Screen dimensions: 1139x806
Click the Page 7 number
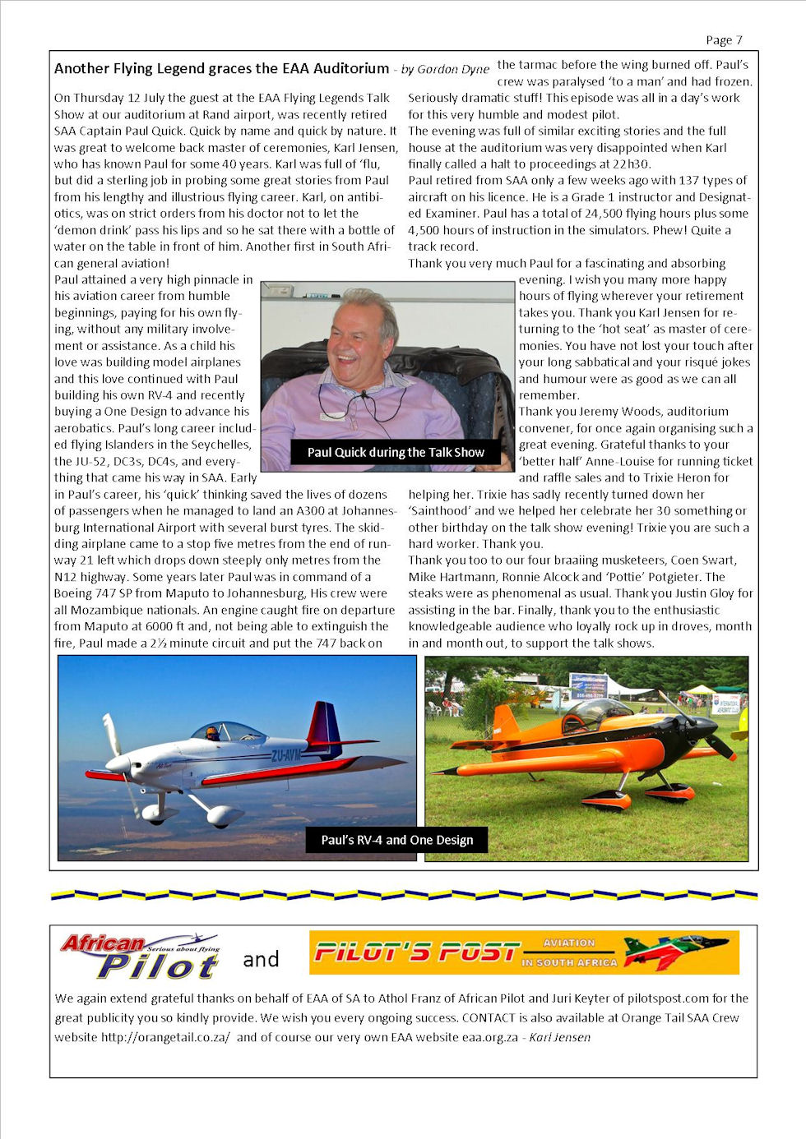(x=724, y=40)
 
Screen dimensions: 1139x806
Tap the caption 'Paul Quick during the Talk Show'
(x=396, y=453)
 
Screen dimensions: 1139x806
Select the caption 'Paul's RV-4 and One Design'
(x=396, y=840)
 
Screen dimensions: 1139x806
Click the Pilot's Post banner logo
(x=524, y=952)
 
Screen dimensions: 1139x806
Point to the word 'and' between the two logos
(x=261, y=960)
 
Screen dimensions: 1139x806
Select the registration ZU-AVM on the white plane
(x=285, y=754)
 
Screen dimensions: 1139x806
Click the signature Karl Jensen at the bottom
(x=560, y=1037)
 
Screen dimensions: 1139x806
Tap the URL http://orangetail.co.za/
(x=165, y=1037)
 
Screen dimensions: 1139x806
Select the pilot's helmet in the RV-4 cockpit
(x=212, y=732)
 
